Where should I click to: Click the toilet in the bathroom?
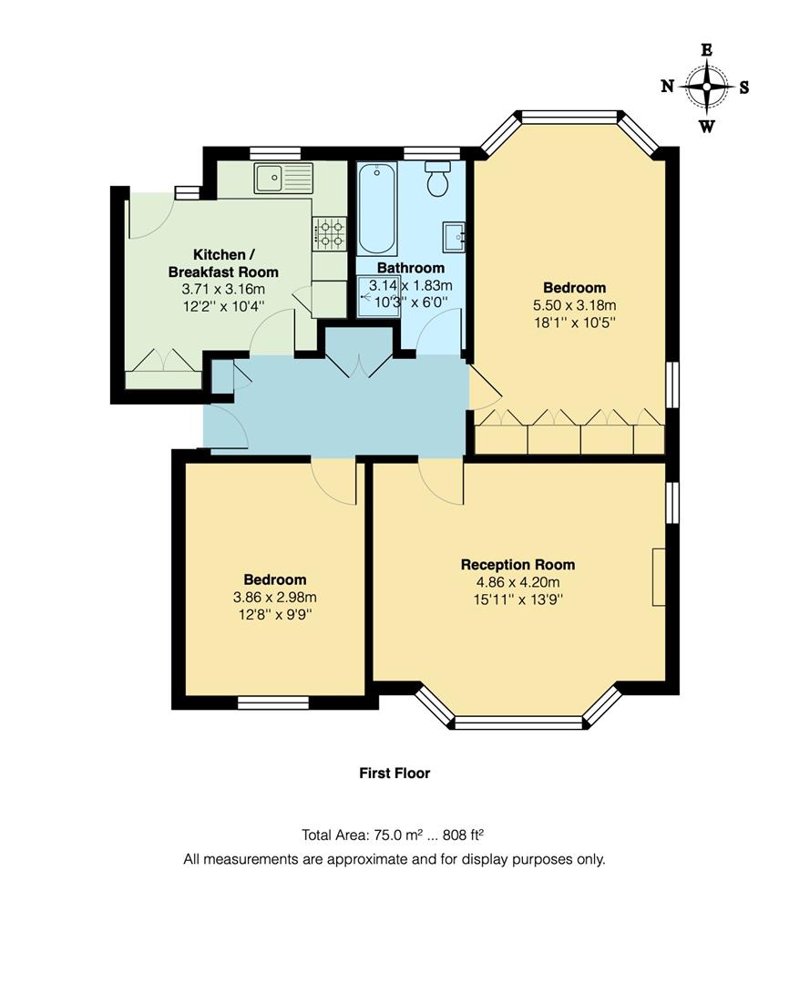pos(438,180)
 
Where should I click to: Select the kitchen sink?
pos(283,179)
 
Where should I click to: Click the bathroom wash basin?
pos(455,235)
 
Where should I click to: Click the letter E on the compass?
pos(706,50)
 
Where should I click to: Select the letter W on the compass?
pos(706,127)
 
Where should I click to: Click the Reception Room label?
pos(517,565)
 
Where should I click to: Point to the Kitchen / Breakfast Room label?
pos(223,263)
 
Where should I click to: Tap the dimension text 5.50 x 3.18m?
pos(574,305)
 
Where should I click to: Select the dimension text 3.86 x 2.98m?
pos(274,598)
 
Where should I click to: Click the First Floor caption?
pos(394,774)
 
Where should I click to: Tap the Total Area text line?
pos(394,835)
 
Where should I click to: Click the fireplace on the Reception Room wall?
pos(658,577)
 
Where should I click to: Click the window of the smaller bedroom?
pos(273,702)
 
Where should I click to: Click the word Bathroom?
pos(411,268)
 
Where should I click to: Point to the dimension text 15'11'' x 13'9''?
pos(517,600)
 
